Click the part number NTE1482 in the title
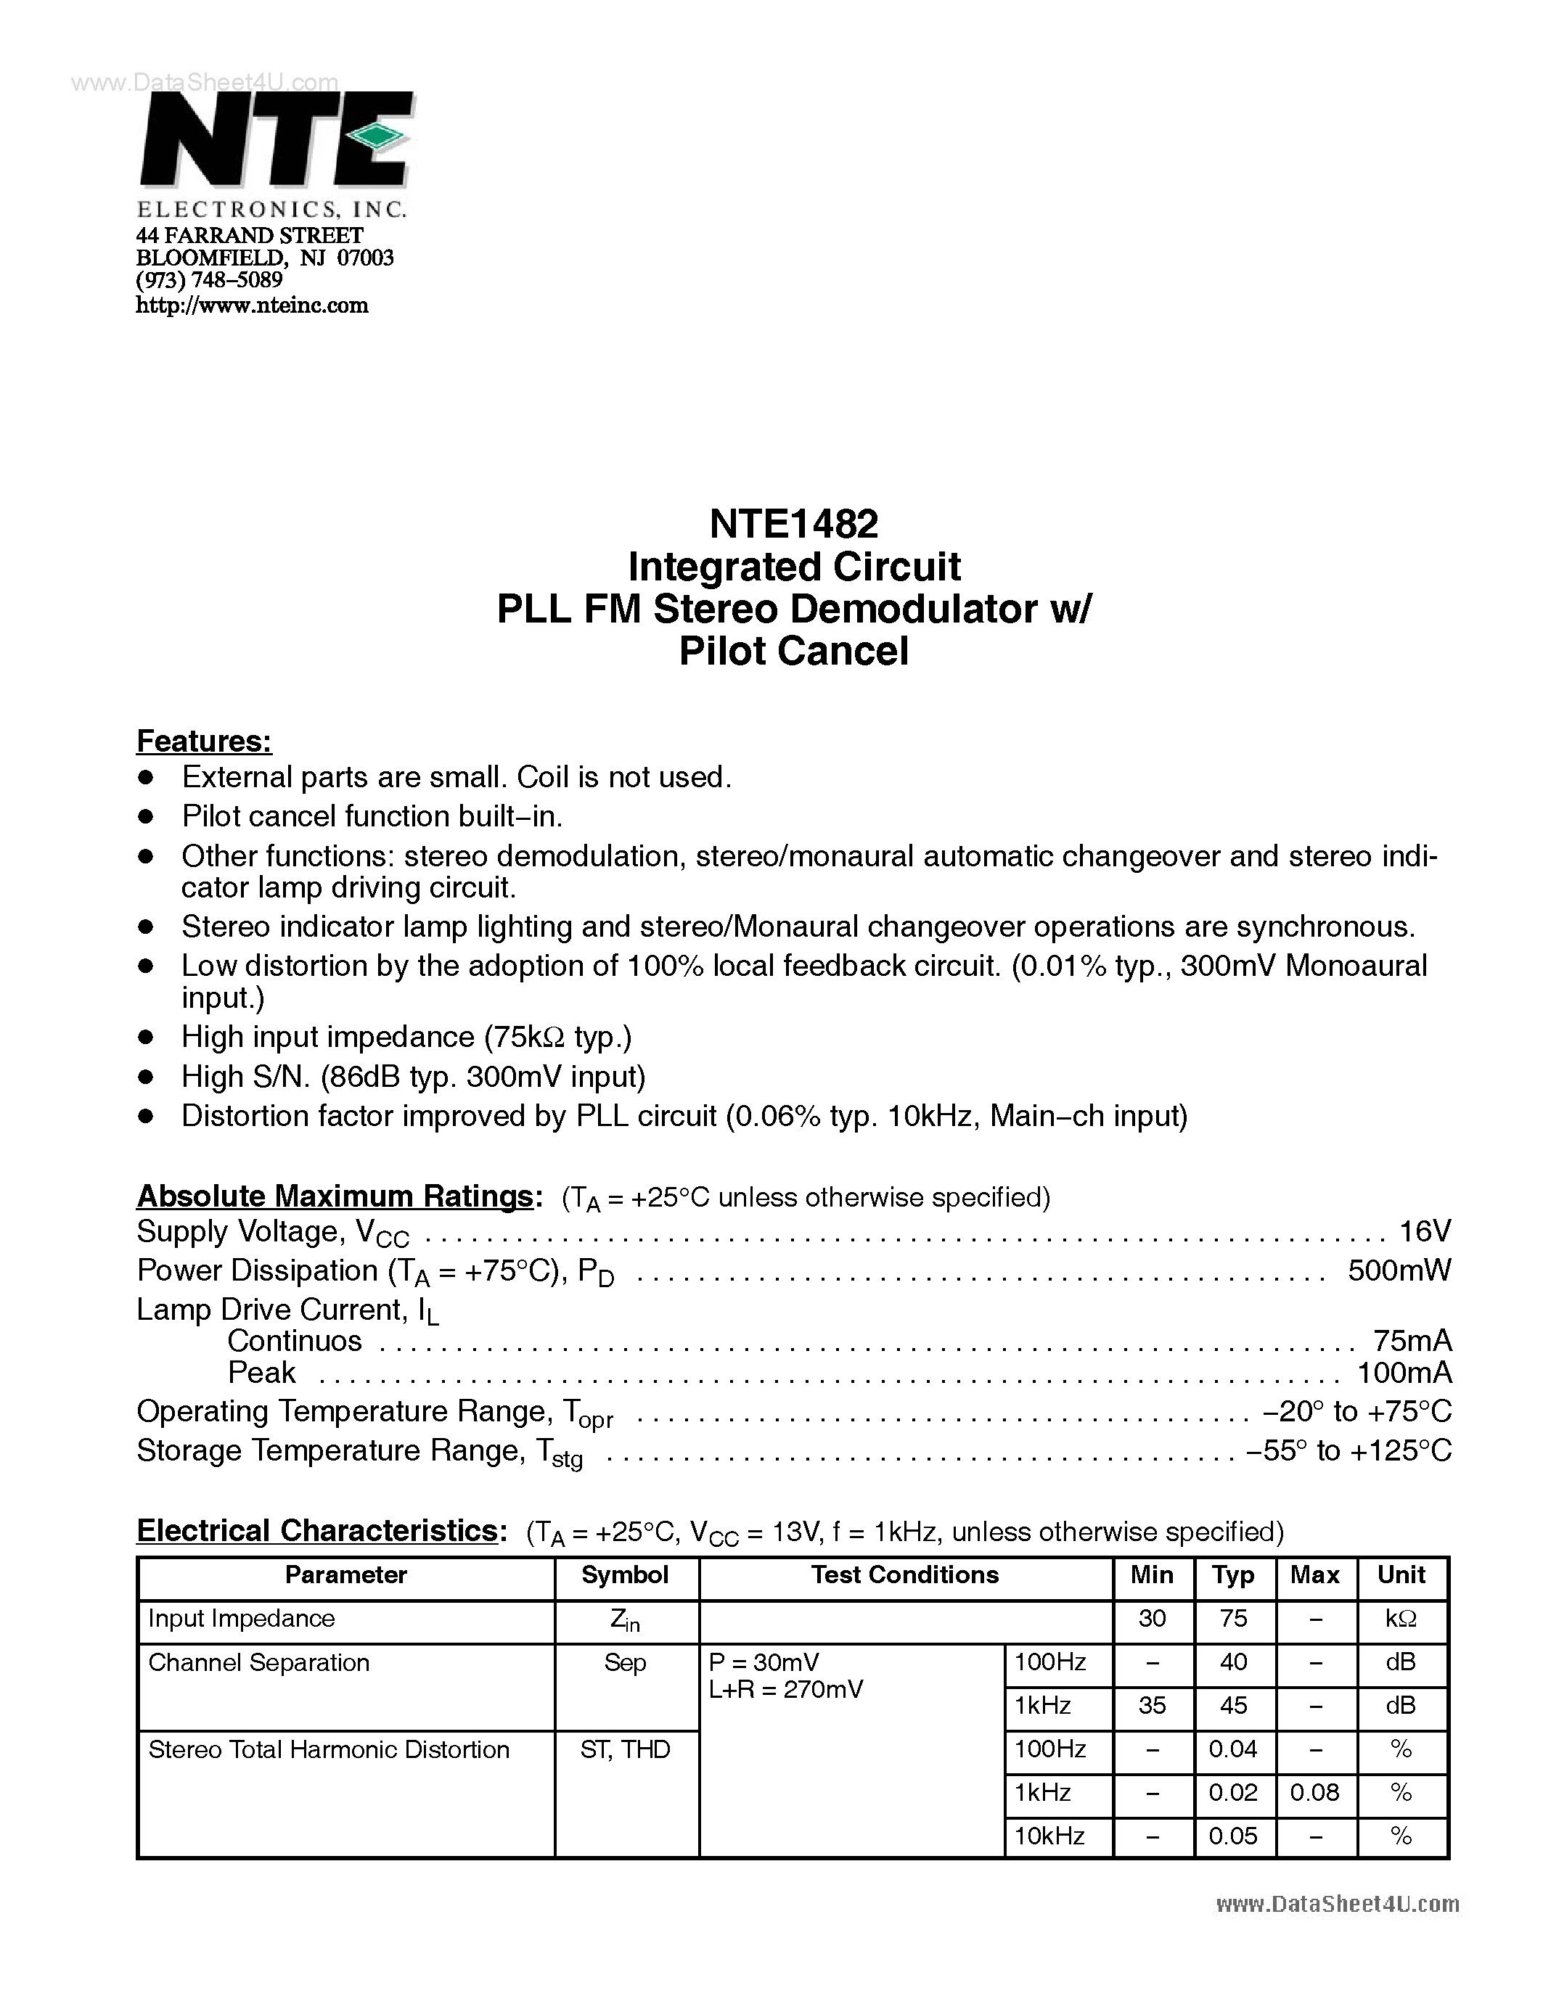click(x=793, y=524)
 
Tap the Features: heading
click(x=204, y=742)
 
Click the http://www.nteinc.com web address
click(x=253, y=305)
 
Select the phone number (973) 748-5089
click(x=209, y=281)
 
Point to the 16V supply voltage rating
click(x=1424, y=1231)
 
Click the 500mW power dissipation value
click(x=1399, y=1270)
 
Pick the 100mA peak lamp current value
click(x=1404, y=1372)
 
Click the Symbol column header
click(x=625, y=1574)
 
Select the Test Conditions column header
click(x=905, y=1574)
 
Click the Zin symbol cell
click(x=625, y=1619)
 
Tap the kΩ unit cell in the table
click(x=1401, y=1619)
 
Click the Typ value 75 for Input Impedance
click(x=1233, y=1619)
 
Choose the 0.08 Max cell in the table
click(x=1314, y=1792)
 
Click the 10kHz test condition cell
click(x=1049, y=1836)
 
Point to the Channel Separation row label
click(x=258, y=1662)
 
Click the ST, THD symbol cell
click(x=625, y=1749)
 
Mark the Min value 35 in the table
click(x=1152, y=1705)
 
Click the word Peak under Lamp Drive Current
click(x=261, y=1372)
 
